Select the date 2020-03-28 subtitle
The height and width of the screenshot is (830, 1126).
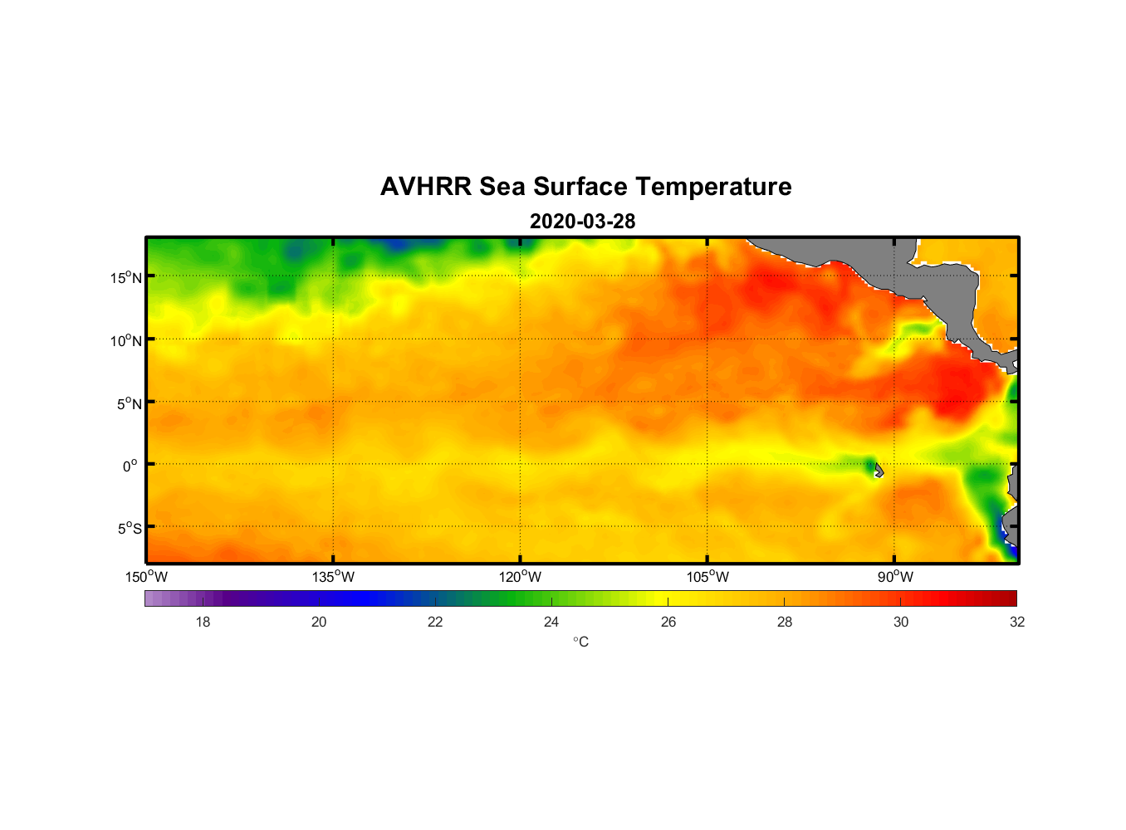pos(582,222)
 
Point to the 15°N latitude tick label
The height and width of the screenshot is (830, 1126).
pos(126,278)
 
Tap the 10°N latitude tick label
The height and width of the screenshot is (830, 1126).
pos(126,340)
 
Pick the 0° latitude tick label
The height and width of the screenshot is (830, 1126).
pos(130,466)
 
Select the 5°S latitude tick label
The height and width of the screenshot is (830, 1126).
pos(129,529)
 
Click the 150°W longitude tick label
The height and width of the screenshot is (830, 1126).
pos(147,577)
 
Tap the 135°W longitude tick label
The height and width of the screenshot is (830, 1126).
pos(334,577)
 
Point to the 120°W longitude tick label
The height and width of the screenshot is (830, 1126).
pos(521,577)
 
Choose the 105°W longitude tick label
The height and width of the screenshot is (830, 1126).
pos(707,577)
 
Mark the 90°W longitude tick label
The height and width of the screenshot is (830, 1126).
pos(895,577)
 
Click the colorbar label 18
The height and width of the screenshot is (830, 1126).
pos(203,622)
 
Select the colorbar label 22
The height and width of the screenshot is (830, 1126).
pos(435,622)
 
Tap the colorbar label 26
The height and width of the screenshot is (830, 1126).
pos(668,622)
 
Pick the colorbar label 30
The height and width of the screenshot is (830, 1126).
pos(901,622)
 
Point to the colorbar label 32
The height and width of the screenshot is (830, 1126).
pos(1017,622)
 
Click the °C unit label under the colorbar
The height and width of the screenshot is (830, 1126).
pos(580,642)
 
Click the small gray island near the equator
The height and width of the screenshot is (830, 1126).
pos(878,471)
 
